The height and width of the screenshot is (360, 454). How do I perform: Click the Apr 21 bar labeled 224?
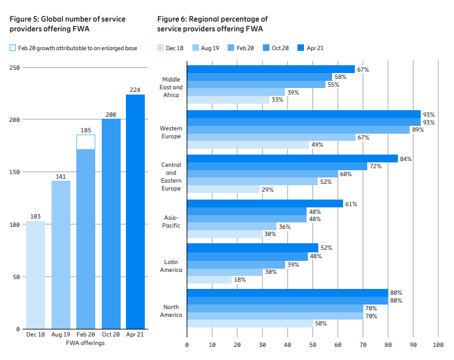click(135, 212)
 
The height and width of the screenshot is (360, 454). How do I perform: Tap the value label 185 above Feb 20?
click(85, 130)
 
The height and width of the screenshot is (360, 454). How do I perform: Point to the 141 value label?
click(61, 176)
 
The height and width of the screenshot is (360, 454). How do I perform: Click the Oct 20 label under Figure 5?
click(111, 334)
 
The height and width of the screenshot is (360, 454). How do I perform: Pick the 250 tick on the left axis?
click(13, 67)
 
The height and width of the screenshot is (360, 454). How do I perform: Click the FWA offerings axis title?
click(85, 343)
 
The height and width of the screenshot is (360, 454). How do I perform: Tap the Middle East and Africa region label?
click(172, 87)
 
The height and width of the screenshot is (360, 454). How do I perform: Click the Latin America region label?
click(172, 265)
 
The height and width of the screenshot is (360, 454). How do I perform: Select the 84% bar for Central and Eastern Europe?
click(292, 158)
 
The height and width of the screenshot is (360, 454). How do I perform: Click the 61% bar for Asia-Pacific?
click(265, 203)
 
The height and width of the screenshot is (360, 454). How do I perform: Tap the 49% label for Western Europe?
click(318, 144)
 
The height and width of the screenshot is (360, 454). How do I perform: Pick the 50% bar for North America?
click(250, 323)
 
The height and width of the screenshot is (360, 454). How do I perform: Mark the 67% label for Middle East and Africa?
click(363, 69)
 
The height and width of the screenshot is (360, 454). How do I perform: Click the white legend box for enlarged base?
click(12, 48)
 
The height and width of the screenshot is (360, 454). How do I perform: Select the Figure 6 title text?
click(213, 24)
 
